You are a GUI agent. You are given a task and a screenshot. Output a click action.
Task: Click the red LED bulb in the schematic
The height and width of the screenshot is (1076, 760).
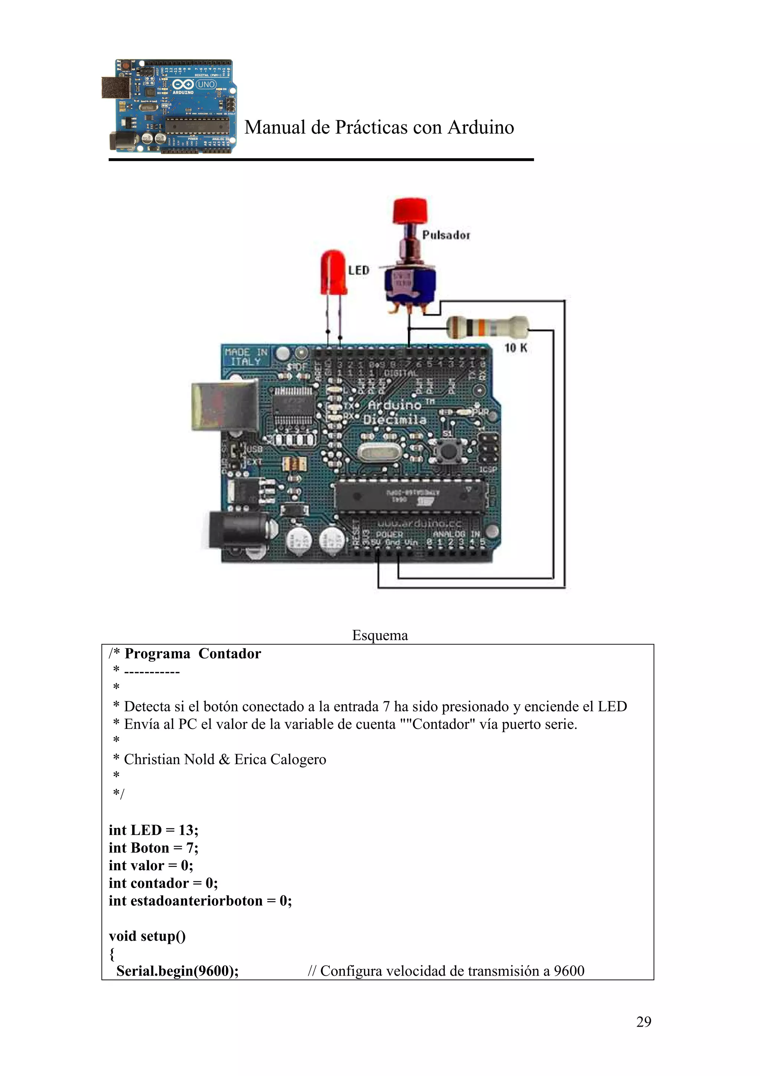tap(333, 272)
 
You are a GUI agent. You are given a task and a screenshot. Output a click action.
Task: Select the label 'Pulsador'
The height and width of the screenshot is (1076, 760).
tap(446, 235)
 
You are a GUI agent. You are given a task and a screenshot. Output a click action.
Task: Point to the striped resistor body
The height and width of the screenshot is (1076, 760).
tap(487, 327)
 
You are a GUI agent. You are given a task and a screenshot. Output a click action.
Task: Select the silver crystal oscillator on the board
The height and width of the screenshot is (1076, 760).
tap(379, 454)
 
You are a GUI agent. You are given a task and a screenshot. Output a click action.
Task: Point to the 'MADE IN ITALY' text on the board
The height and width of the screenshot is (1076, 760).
tap(246, 357)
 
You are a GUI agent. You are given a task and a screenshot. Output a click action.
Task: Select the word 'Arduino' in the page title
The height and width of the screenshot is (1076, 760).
tap(481, 127)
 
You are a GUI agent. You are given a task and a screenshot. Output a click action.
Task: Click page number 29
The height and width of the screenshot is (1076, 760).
tap(643, 1022)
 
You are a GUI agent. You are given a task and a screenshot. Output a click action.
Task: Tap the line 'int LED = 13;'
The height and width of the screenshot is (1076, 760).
tap(154, 830)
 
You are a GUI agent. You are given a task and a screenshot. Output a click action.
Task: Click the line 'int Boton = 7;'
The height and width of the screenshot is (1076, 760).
tap(154, 848)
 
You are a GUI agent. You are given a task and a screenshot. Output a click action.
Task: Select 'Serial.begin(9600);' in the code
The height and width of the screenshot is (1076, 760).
tap(177, 971)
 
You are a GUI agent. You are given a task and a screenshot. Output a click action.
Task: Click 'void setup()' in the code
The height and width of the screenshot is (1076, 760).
tap(147, 936)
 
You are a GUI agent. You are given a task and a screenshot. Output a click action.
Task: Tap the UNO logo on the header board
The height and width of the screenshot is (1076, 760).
tap(206, 84)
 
